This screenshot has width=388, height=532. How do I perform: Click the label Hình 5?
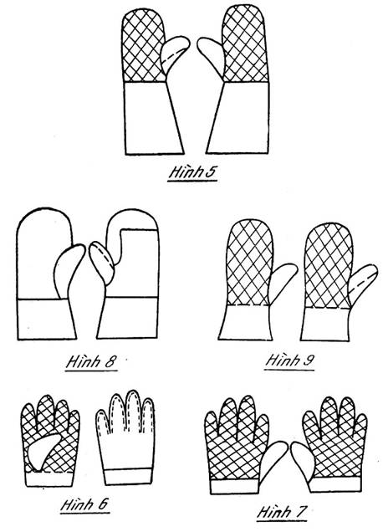192,172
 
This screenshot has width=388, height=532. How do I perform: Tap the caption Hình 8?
92,361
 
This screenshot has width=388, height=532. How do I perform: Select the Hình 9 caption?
289,361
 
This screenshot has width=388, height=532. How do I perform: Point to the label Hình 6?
84,504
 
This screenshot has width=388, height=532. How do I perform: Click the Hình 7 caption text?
282,512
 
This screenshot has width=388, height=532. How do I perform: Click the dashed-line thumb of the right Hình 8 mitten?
101,262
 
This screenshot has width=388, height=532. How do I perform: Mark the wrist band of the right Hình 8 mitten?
128,318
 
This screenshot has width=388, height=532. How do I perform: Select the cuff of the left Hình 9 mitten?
246,322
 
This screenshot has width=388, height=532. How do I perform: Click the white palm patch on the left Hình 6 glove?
43,449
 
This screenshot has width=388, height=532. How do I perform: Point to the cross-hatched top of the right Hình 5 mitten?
246,44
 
